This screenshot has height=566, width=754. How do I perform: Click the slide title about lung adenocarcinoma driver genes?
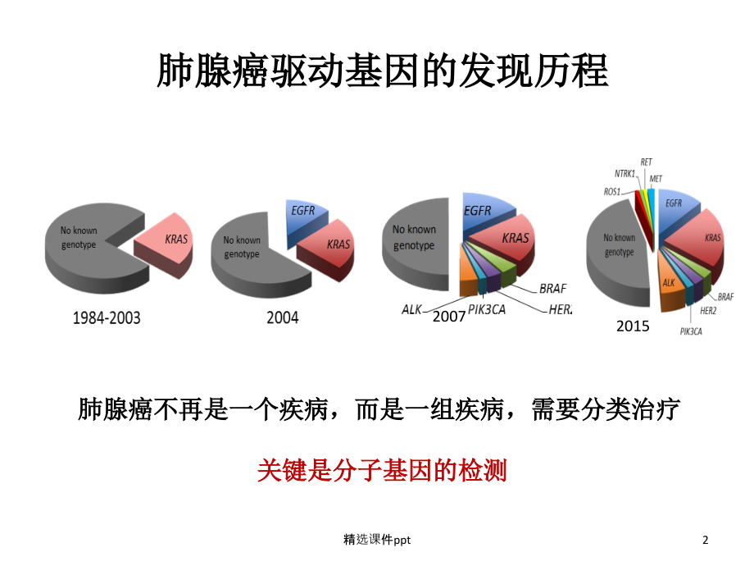pyautogui.click(x=382, y=72)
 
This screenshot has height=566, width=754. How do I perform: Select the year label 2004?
pyautogui.click(x=283, y=317)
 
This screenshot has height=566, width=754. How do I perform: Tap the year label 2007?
pyautogui.click(x=449, y=315)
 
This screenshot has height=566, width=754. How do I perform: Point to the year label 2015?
pyautogui.click(x=633, y=326)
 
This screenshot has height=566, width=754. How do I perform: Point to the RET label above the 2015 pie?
pyautogui.click(x=647, y=162)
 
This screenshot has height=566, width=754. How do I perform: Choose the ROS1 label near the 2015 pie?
pyautogui.click(x=612, y=190)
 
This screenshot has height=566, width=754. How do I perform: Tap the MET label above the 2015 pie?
pyautogui.click(x=656, y=178)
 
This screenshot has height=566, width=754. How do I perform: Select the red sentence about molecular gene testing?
pyautogui.click(x=382, y=470)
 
